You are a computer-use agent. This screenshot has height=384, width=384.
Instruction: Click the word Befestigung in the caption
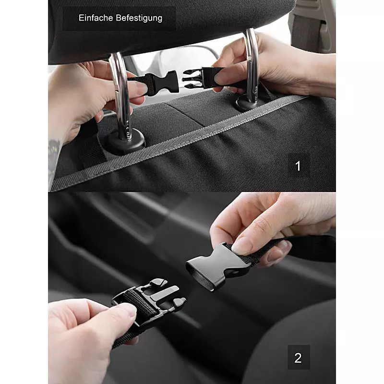[x=139, y=18]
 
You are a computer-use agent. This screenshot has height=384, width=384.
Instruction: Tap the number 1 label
[x=298, y=166]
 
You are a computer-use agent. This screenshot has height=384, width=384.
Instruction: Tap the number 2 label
[x=298, y=358]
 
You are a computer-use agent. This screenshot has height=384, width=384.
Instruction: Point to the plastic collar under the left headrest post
[x=125, y=142]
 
